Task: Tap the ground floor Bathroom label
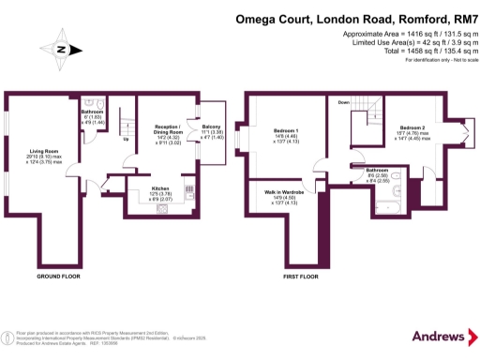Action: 92,111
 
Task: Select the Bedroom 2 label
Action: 412,127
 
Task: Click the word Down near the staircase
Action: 344,102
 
